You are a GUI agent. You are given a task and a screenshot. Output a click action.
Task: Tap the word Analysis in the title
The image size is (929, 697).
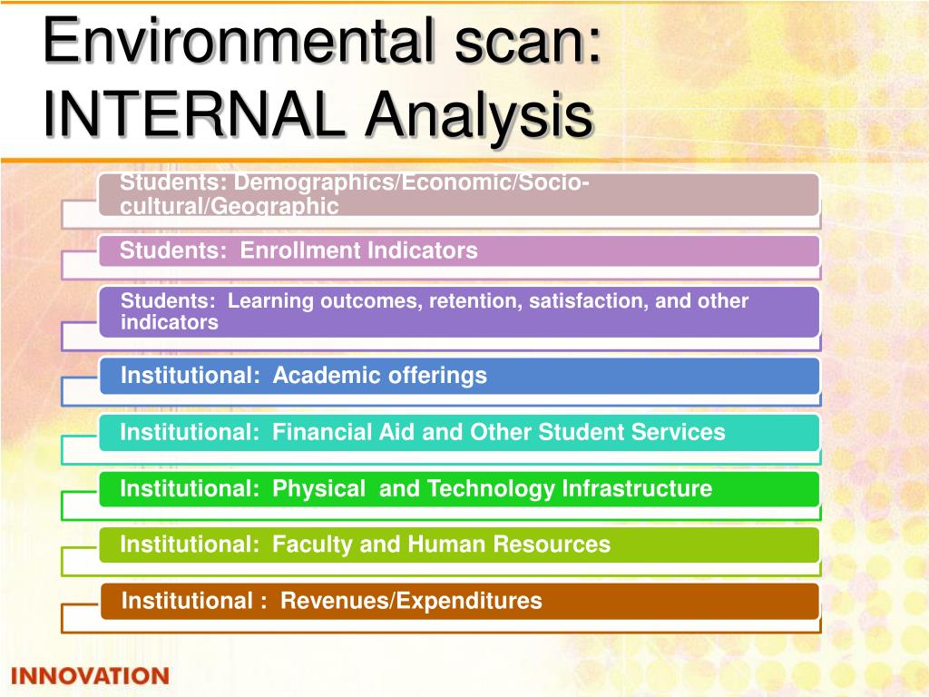pyautogui.click(x=481, y=115)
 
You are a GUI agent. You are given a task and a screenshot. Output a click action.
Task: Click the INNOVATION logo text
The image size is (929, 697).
pyautogui.click(x=90, y=676)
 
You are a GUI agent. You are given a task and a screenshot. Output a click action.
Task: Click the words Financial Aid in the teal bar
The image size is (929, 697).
pyautogui.click(x=345, y=433)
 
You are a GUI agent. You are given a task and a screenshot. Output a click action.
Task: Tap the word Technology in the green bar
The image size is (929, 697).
pyautogui.click(x=491, y=489)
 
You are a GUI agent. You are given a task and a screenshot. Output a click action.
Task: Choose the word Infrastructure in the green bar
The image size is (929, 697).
pyautogui.click(x=637, y=489)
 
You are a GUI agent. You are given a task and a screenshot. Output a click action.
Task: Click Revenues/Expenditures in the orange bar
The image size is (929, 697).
pyautogui.click(x=411, y=601)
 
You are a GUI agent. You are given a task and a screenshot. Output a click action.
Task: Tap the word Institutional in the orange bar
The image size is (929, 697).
pyautogui.click(x=187, y=601)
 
